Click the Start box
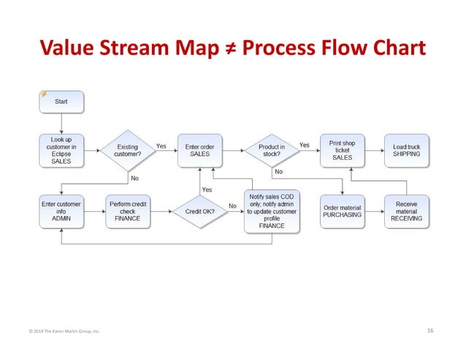(x=61, y=102)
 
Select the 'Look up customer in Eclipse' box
(x=61, y=150)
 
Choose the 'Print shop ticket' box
(x=342, y=150)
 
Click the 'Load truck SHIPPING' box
(x=406, y=150)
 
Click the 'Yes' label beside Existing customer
(x=161, y=145)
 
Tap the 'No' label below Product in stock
(x=278, y=172)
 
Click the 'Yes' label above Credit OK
(x=207, y=189)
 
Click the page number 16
(x=430, y=331)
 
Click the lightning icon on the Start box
(x=44, y=94)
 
